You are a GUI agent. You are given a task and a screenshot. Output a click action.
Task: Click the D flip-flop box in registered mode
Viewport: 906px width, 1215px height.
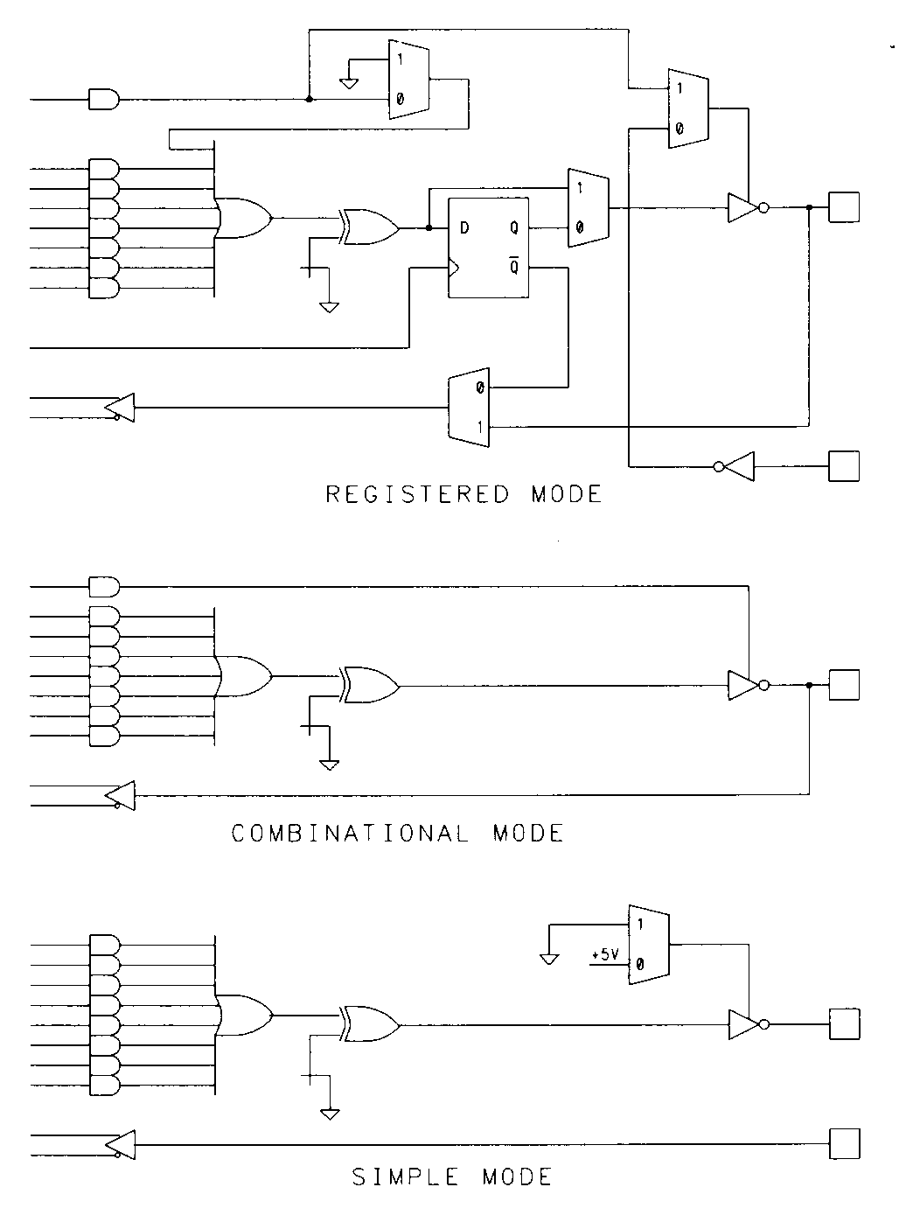pyautogui.click(x=488, y=248)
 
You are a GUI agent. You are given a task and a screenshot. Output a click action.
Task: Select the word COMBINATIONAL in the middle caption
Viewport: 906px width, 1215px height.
pyautogui.click(x=350, y=833)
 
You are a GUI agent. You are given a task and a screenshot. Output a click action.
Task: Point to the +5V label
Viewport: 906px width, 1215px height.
pyautogui.click(x=604, y=955)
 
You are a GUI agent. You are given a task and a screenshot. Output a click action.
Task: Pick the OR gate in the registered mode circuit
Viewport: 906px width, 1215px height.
pyautogui.click(x=246, y=217)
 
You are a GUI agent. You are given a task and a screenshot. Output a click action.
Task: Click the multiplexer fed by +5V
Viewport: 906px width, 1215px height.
pyautogui.click(x=648, y=945)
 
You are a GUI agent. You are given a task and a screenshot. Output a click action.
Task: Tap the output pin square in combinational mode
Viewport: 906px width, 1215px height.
pyautogui.click(x=844, y=685)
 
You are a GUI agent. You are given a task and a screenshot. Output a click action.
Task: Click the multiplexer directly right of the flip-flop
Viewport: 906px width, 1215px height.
pyautogui.click(x=588, y=208)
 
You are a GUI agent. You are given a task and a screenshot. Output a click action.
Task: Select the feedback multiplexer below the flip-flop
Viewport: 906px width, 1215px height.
pyautogui.click(x=468, y=408)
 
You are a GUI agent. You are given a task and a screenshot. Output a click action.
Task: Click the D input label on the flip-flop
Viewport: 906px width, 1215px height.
pyautogui.click(x=464, y=228)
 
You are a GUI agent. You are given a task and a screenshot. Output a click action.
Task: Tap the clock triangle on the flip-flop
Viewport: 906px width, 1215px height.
pyautogui.click(x=454, y=268)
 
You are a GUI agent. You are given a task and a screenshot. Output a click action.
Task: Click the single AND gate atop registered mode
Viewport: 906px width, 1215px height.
pyautogui.click(x=103, y=99)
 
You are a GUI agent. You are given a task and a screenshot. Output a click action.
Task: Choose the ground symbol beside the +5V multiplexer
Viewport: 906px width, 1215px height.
pyautogui.click(x=549, y=957)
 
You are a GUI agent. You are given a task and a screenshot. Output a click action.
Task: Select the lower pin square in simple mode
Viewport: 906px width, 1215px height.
pyautogui.click(x=844, y=1143)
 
